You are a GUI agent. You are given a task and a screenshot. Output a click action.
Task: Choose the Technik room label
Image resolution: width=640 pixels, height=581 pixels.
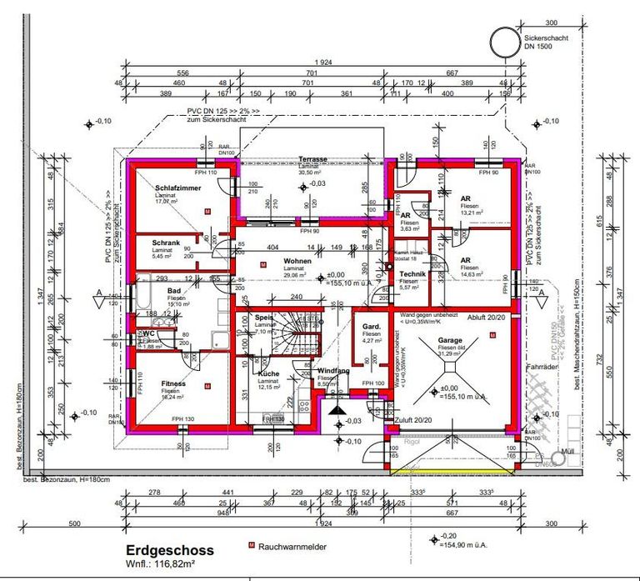(x=413, y=274)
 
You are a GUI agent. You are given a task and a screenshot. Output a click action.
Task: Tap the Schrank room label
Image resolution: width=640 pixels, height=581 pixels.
(x=165, y=243)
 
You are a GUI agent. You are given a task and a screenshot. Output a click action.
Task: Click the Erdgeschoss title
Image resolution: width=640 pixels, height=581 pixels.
(x=170, y=550)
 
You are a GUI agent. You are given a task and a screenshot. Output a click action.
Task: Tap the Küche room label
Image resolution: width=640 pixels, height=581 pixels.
(x=268, y=373)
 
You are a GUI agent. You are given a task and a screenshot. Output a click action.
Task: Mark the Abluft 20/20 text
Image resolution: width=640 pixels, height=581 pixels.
(x=482, y=317)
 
